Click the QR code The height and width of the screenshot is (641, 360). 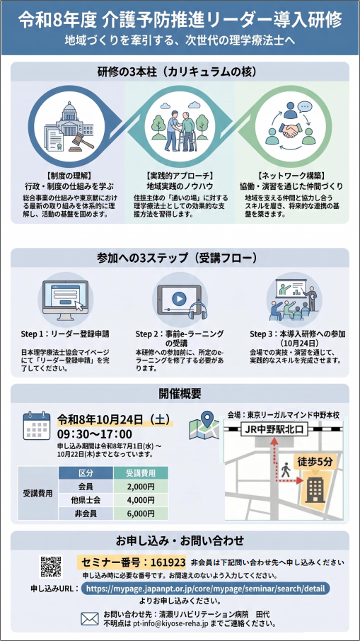(51, 566)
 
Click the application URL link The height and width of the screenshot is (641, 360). (205, 589)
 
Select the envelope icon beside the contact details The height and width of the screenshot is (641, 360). (90, 619)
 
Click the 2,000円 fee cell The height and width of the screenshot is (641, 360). (141, 487)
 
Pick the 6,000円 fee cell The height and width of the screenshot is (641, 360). (141, 513)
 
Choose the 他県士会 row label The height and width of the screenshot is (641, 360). (86, 500)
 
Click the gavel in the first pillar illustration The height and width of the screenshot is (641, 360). (81, 142)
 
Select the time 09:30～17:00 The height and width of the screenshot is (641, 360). (95, 433)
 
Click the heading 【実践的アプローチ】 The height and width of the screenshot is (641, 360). (180, 176)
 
